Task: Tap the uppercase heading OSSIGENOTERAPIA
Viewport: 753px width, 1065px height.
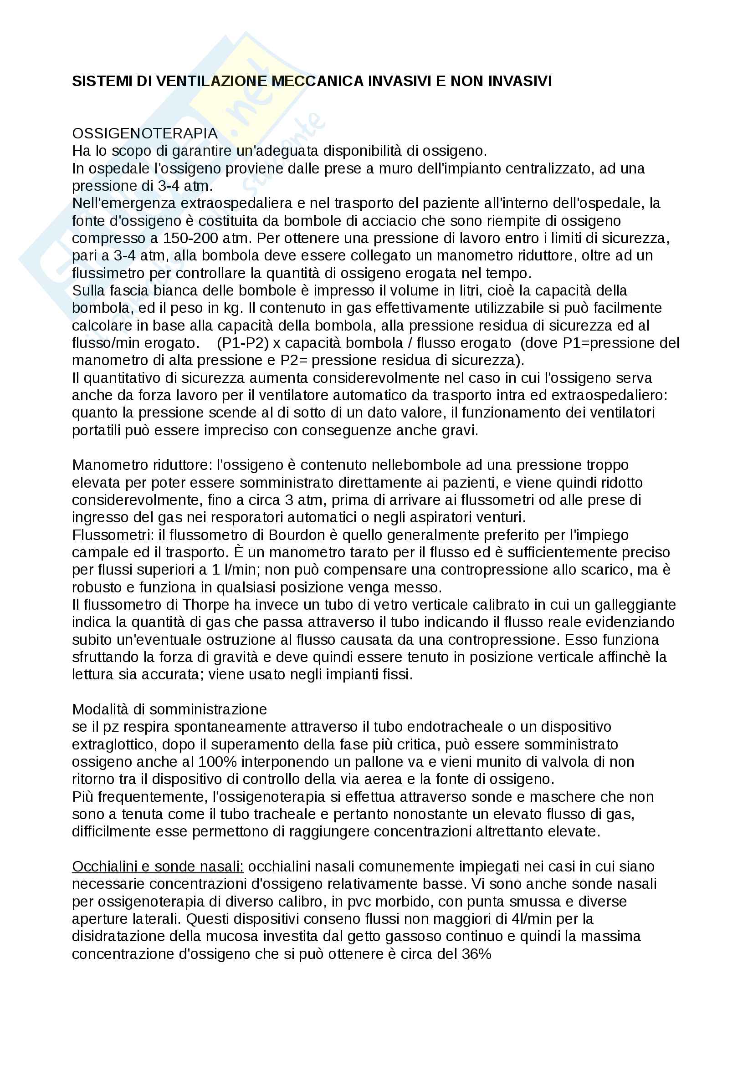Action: coord(145,133)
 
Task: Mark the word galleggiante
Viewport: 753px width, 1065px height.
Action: coord(635,605)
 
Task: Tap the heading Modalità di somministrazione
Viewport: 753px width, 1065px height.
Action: coord(169,710)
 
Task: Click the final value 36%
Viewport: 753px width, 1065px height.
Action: coord(476,954)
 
